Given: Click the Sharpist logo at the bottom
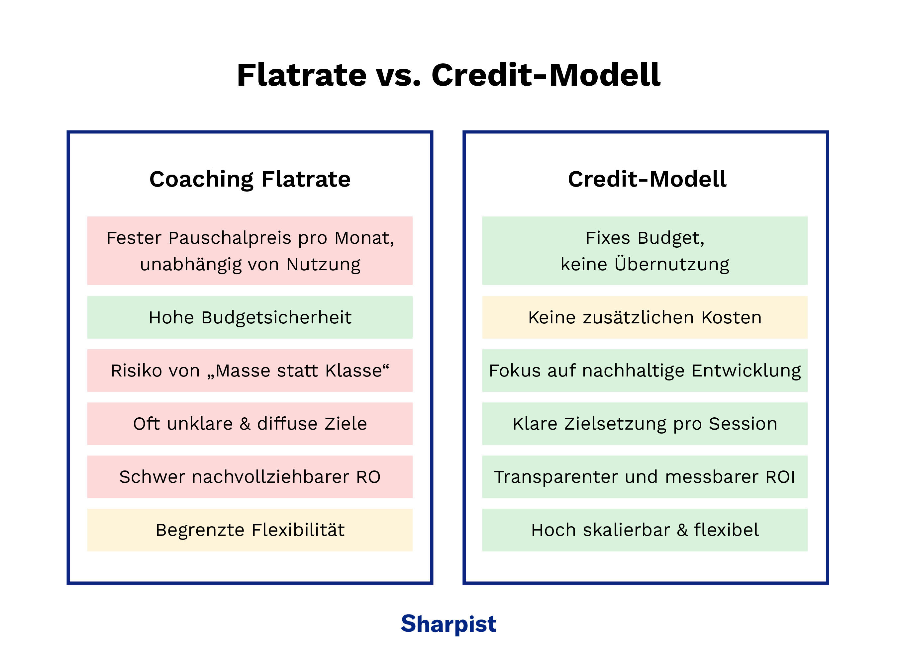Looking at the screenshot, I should tap(448, 624).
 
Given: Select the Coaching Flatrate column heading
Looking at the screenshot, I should tap(250, 179).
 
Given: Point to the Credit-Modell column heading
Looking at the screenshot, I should tap(647, 179).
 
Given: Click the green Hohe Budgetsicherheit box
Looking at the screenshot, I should tap(250, 317).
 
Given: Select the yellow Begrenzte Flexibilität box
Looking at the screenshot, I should tap(250, 530).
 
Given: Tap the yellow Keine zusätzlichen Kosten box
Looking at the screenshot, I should tap(645, 317).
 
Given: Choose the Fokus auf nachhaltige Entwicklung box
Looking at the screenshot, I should tap(645, 371).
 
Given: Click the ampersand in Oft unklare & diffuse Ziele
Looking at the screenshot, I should tap(245, 424).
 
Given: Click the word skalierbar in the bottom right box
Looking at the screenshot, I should tap(626, 530).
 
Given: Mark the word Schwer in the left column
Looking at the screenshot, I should tap(152, 477).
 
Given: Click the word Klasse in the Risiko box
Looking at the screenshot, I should tap(353, 371).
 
